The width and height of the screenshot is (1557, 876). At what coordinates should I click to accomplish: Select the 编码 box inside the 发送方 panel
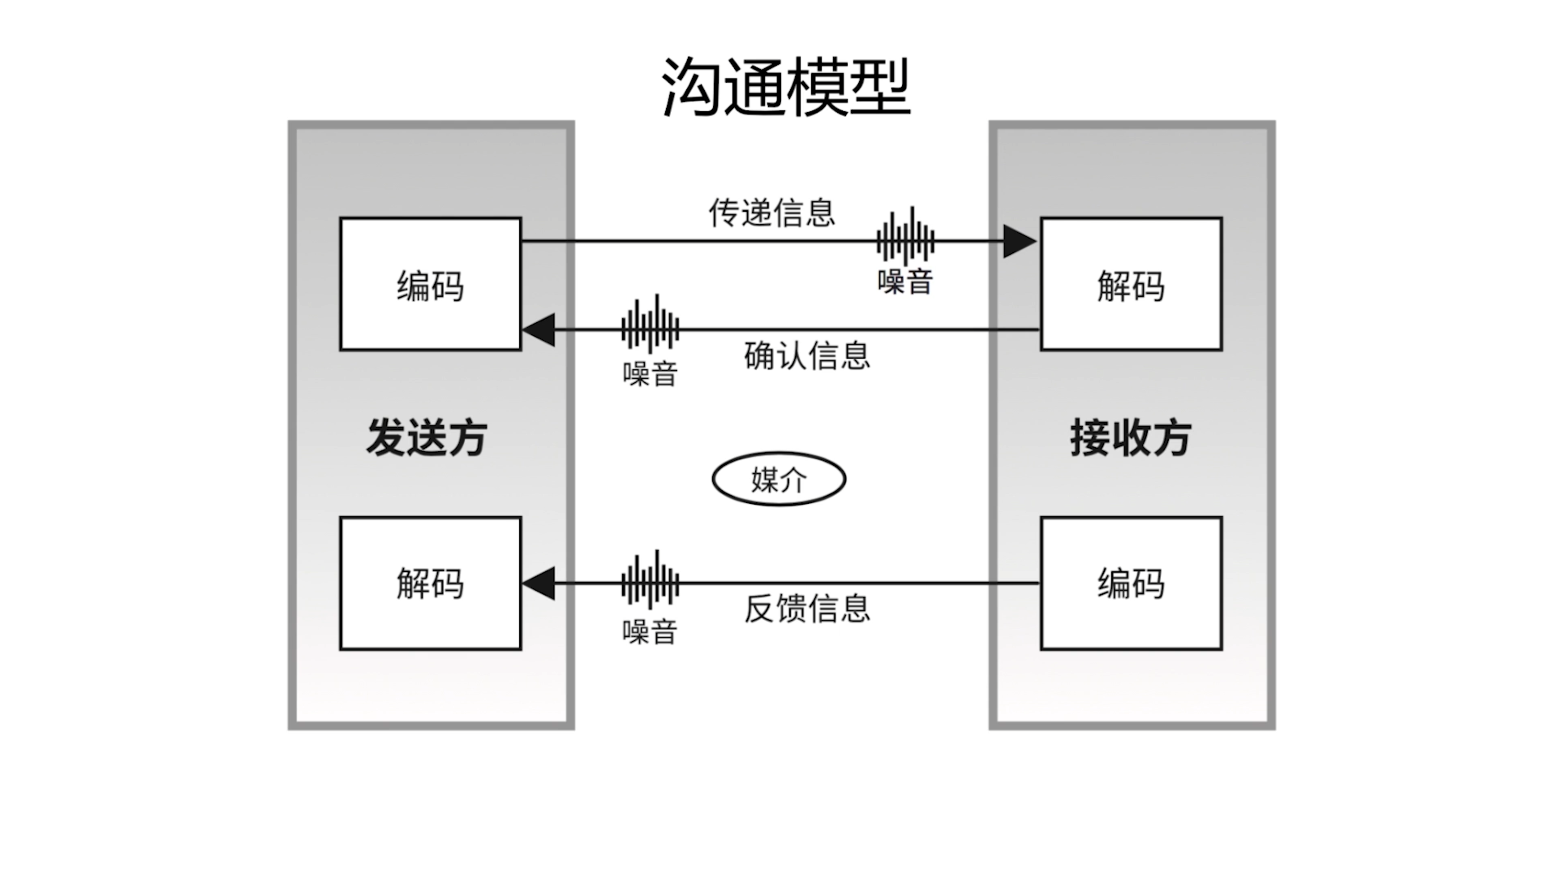point(430,284)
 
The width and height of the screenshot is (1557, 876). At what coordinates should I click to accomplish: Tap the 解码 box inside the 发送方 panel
point(430,583)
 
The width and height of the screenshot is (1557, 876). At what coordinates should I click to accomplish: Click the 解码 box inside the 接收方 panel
point(1131,284)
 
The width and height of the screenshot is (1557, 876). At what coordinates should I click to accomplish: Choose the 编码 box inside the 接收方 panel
point(1131,583)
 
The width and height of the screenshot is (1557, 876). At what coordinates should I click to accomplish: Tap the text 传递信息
point(772,212)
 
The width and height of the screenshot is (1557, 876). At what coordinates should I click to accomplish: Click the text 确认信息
point(807,355)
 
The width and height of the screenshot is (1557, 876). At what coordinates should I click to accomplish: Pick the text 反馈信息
point(807,608)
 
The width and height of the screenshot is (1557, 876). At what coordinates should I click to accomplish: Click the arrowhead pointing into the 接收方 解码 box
point(1019,241)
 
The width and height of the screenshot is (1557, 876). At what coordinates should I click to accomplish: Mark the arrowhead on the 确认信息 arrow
point(539,330)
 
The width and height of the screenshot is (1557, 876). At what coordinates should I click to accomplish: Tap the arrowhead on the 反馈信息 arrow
point(539,583)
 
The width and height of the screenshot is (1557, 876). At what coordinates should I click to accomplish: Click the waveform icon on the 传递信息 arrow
point(905,239)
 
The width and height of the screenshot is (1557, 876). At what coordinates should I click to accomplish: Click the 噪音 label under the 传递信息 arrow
point(905,282)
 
